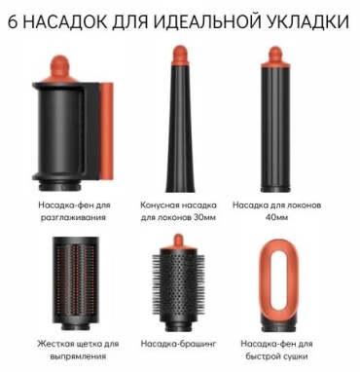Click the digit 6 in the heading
coord(13,21)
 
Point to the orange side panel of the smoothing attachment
coord(106,130)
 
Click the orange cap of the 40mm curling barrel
coord(275,56)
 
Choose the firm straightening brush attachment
coord(76,283)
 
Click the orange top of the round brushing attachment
coord(178,242)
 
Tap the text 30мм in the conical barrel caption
coord(204,217)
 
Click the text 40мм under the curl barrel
coord(276,217)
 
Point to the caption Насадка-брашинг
coord(178,344)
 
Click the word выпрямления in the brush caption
coord(78,356)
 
